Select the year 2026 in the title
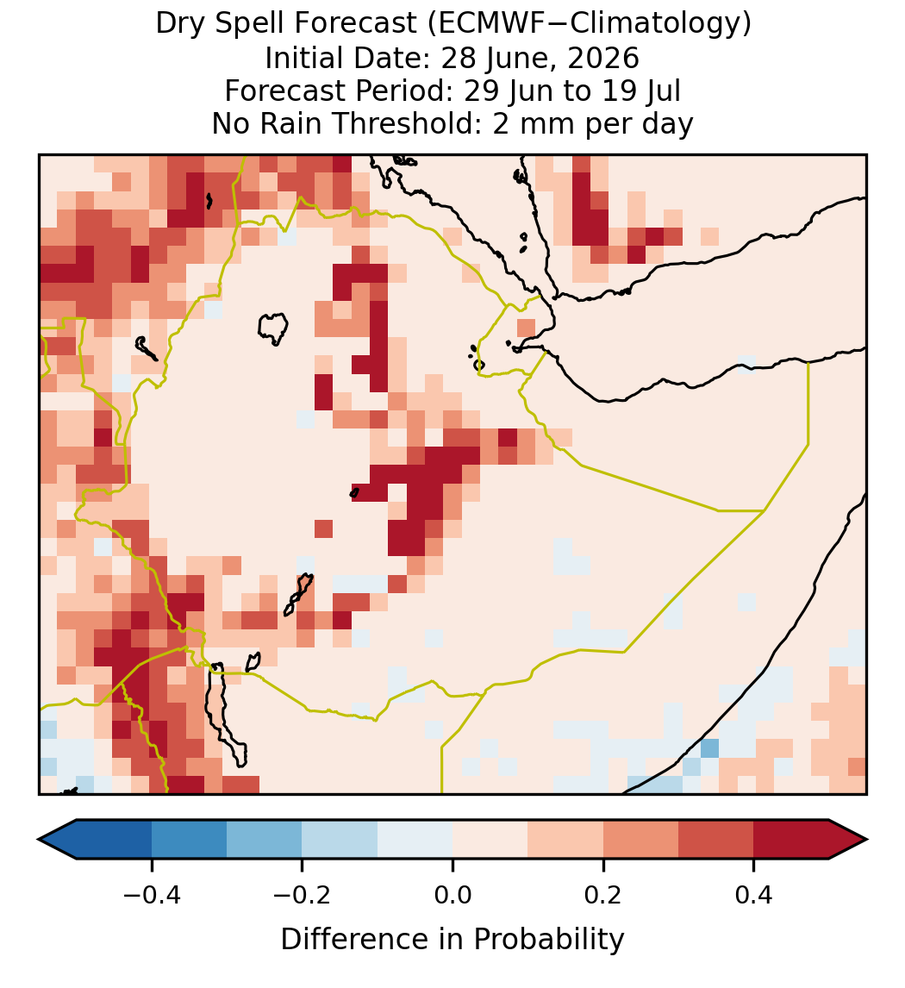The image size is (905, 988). click(x=603, y=58)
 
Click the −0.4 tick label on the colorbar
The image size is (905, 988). click(x=152, y=895)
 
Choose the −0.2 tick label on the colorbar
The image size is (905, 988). click(x=303, y=895)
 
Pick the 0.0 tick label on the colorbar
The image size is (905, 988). click(x=452, y=895)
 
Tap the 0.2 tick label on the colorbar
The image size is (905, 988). click(x=603, y=895)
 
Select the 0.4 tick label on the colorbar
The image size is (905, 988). click(x=754, y=895)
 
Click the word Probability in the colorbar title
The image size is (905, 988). click(x=548, y=940)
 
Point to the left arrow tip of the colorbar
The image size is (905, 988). click(x=39, y=840)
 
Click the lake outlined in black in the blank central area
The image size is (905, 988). click(x=273, y=328)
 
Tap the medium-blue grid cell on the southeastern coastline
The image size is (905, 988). click(x=709, y=748)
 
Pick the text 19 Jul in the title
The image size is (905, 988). click(x=640, y=91)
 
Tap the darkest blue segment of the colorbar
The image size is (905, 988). click(x=96, y=840)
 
